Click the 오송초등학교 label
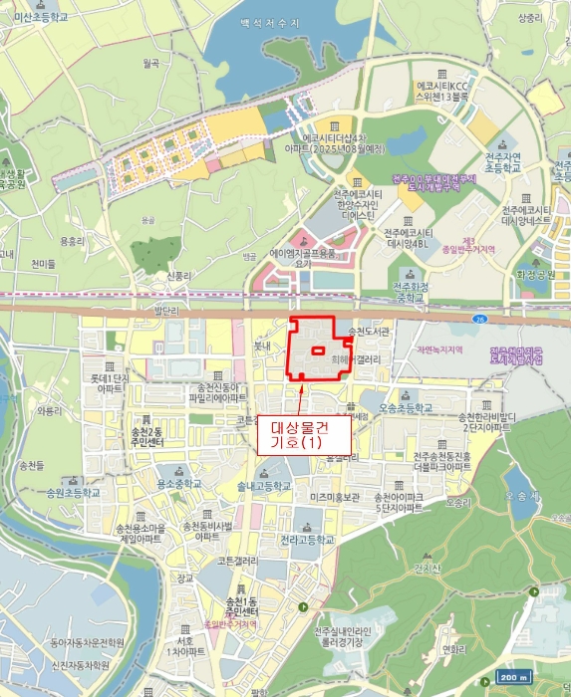[406, 408]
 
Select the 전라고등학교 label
[306, 540]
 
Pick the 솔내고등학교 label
[264, 486]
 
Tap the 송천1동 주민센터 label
[242, 605]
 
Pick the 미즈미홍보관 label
[334, 496]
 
